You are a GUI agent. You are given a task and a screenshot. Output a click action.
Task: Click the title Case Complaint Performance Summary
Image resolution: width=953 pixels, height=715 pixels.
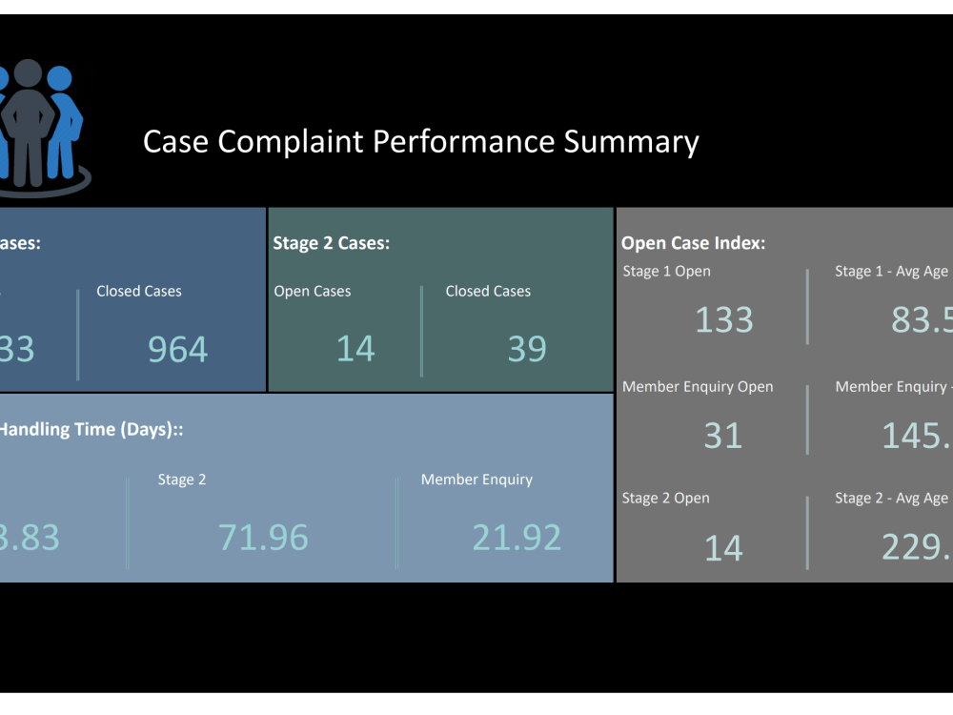click(420, 142)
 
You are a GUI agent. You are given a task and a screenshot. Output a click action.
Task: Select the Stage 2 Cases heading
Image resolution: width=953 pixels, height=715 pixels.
click(331, 243)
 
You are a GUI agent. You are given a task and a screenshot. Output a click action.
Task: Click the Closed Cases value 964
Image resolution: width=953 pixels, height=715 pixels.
click(177, 350)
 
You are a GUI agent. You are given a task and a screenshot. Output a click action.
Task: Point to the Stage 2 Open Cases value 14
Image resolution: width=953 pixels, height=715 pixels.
click(355, 349)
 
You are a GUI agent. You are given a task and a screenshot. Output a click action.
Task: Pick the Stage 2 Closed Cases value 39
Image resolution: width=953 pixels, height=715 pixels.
click(527, 349)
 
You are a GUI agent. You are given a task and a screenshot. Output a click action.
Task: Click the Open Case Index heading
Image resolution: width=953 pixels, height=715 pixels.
click(693, 243)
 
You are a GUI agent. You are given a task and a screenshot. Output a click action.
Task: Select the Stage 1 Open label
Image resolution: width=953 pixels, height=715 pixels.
click(666, 272)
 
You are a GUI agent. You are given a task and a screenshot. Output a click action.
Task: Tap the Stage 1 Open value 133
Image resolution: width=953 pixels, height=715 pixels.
click(723, 320)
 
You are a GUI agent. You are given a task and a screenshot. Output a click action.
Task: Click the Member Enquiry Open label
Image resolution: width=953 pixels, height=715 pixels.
click(698, 387)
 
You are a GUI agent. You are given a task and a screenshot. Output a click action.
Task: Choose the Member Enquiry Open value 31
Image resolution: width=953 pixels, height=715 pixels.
click(722, 436)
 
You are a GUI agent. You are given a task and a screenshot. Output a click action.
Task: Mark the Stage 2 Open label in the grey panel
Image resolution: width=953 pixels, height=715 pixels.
click(665, 499)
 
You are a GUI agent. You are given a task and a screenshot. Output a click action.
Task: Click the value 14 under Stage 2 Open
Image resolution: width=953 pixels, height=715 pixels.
click(722, 548)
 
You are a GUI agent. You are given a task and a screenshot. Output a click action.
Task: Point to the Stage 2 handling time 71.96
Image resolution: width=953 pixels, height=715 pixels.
click(263, 538)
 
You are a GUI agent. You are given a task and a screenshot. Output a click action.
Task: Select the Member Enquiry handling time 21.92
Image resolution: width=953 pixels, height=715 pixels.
click(517, 538)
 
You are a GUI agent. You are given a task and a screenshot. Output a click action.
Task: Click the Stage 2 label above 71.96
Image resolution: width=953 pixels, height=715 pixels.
click(182, 480)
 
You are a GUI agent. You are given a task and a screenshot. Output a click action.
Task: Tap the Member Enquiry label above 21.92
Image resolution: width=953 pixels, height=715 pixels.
click(476, 480)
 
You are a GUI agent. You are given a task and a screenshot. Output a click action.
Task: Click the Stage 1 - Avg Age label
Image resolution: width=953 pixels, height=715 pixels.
click(891, 272)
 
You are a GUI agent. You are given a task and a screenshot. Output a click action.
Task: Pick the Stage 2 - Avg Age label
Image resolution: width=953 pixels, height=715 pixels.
click(891, 499)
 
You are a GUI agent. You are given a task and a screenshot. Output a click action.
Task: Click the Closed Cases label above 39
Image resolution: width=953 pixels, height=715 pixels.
click(488, 292)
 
